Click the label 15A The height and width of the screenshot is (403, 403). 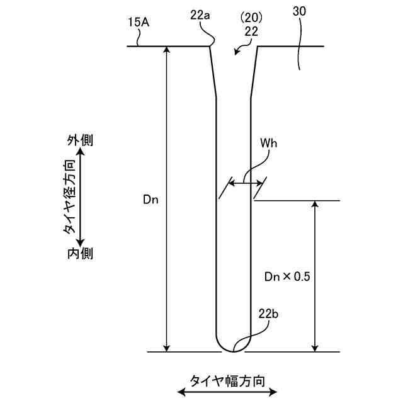point(138,22)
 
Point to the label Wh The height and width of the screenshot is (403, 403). point(268,142)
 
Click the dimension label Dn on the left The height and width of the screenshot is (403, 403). point(150,200)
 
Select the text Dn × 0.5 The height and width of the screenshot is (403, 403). point(287,276)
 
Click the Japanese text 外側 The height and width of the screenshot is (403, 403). point(80,140)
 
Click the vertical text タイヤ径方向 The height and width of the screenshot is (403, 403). point(70,196)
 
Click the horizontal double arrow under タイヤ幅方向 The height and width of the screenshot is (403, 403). point(227,392)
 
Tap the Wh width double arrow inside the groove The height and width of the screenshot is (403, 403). point(246,184)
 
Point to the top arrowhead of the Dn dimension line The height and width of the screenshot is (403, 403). point(167,50)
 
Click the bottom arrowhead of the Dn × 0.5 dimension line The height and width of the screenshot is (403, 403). point(314,348)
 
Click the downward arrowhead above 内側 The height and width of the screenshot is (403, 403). point(80,241)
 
